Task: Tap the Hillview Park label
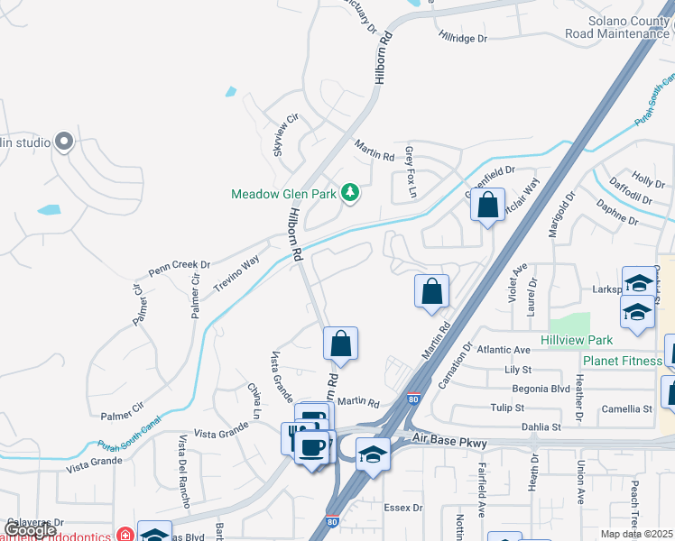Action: [x=577, y=340]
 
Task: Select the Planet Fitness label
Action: [x=622, y=361]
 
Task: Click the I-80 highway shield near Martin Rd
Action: [x=413, y=398]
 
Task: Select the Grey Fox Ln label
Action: [x=411, y=172]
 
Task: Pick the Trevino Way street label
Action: [x=236, y=273]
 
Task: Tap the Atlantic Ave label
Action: [x=504, y=350]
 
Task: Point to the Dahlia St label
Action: [x=541, y=426]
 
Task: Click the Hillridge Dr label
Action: [x=462, y=39]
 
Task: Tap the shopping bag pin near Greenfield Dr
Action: [x=487, y=206]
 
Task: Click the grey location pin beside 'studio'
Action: [x=63, y=142]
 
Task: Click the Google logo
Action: [x=30, y=530]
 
